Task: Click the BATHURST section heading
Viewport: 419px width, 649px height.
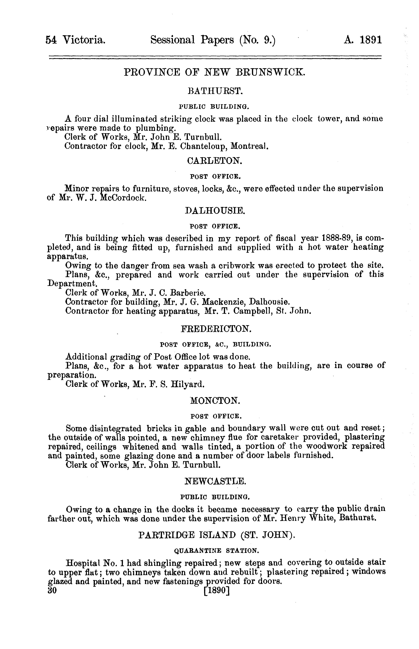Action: point(215,91)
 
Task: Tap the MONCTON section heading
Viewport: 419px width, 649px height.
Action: point(215,401)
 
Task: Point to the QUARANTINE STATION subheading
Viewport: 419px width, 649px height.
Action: point(216,551)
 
